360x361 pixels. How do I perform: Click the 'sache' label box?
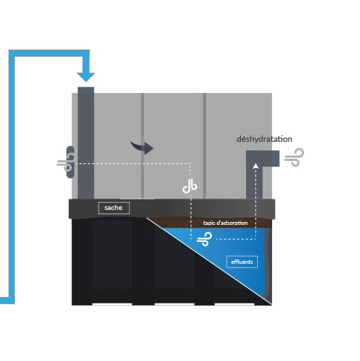coord(114,208)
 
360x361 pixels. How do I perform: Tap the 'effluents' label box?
coord(242,262)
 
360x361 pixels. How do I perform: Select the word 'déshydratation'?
coord(264,139)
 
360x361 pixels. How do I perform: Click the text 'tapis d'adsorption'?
coord(225,223)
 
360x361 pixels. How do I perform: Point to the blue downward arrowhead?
coord(86,77)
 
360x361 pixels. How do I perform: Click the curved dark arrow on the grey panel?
coord(143,147)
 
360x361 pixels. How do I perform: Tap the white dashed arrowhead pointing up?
coord(255,165)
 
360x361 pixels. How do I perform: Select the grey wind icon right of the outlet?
coord(294,157)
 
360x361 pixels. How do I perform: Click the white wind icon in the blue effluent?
coord(205,239)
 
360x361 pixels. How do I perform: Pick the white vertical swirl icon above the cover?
coord(190,186)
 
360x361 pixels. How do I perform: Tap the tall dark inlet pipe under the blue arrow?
coord(86,143)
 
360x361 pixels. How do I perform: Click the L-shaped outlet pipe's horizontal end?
coord(271,158)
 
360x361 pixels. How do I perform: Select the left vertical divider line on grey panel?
coord(142,146)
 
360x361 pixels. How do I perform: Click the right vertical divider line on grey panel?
coord(205,146)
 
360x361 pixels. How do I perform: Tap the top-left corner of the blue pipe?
coord(9,50)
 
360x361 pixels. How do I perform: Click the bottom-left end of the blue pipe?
coord(1,301)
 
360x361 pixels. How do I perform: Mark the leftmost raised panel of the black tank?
coord(112,254)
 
